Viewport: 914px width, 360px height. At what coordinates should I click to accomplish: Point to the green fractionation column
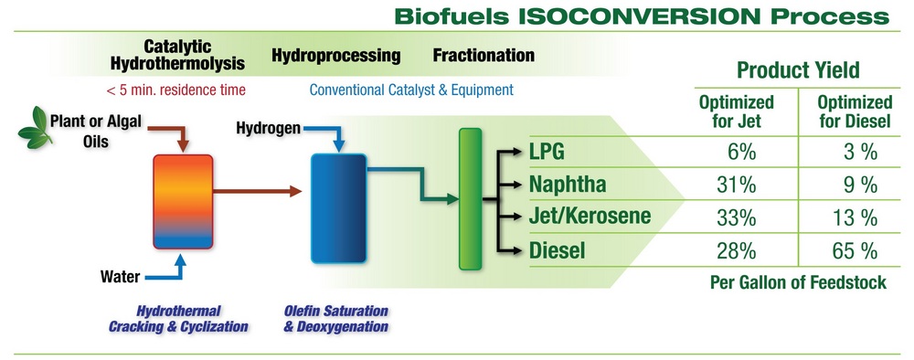click(470, 200)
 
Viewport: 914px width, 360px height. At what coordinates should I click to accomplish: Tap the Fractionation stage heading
click(484, 55)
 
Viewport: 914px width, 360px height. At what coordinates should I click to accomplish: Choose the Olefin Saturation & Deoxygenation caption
click(336, 319)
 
